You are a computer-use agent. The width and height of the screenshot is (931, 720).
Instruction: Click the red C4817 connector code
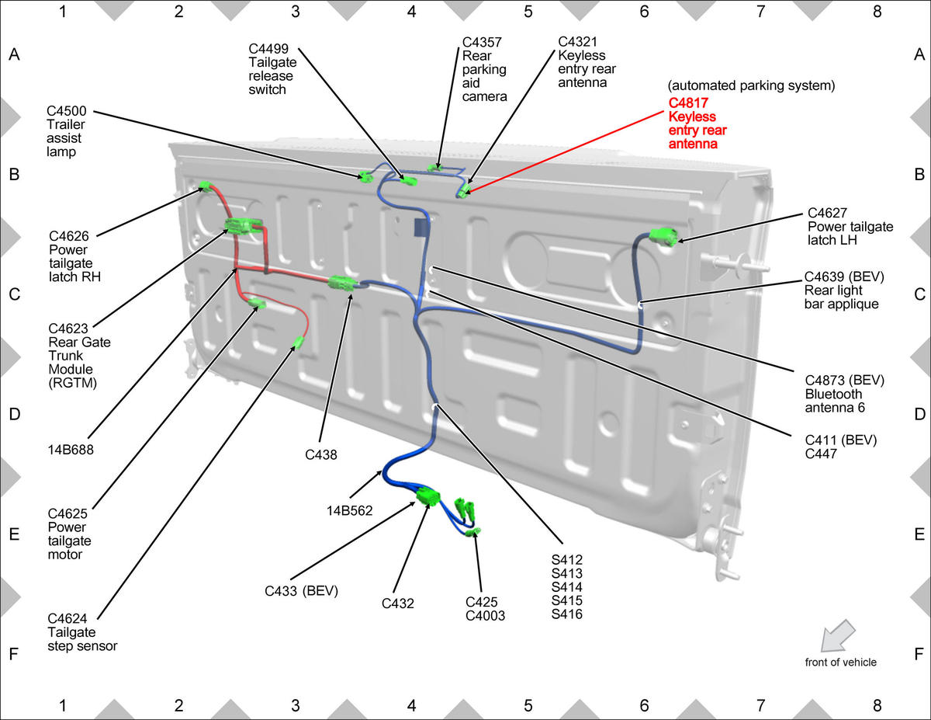[688, 103]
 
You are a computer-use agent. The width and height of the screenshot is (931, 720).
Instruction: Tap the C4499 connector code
[268, 48]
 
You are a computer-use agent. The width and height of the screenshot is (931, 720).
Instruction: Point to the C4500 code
[67, 110]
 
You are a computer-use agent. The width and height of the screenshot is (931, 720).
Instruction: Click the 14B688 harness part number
[71, 450]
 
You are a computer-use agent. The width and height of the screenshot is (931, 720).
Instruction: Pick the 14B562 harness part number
[350, 510]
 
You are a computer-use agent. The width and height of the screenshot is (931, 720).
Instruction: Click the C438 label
[321, 454]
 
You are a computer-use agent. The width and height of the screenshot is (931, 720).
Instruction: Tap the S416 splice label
[567, 614]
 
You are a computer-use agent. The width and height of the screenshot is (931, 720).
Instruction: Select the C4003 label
[486, 615]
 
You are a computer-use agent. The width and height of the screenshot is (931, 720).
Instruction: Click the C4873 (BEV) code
[845, 380]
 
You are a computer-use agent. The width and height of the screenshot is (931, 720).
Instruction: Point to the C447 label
[821, 454]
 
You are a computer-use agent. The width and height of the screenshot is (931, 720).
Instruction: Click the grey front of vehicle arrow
[838, 636]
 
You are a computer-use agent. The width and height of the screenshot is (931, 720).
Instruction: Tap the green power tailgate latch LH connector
[663, 236]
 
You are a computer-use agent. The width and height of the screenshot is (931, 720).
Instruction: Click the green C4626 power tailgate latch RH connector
[206, 186]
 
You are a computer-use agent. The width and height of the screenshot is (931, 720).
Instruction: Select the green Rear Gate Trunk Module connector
[243, 225]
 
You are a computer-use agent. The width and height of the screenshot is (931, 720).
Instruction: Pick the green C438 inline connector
[342, 283]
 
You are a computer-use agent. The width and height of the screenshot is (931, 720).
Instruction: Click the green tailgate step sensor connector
[298, 343]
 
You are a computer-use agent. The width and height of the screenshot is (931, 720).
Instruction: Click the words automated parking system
[752, 85]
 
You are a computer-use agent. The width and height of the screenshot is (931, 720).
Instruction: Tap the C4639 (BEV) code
[844, 277]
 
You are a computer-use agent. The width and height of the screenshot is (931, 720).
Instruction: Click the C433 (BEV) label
[301, 591]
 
